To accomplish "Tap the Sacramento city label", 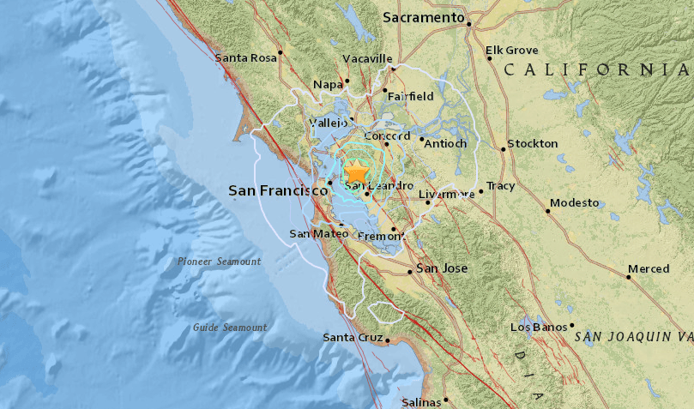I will tap(423, 17).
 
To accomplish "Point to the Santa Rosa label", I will tap(246, 58).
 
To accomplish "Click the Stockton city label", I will tap(533, 144).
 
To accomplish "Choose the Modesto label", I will tap(574, 203).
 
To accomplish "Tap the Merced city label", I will tap(648, 269).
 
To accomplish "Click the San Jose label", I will tap(442, 269).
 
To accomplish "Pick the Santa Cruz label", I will tap(353, 338).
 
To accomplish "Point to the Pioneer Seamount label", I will tap(219, 262).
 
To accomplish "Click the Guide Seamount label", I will tap(229, 328).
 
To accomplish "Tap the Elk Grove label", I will tap(510, 51).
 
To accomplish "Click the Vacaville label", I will tap(367, 58).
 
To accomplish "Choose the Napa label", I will tap(327, 84).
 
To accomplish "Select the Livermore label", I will tap(446, 195).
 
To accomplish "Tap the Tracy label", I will tap(500, 186).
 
